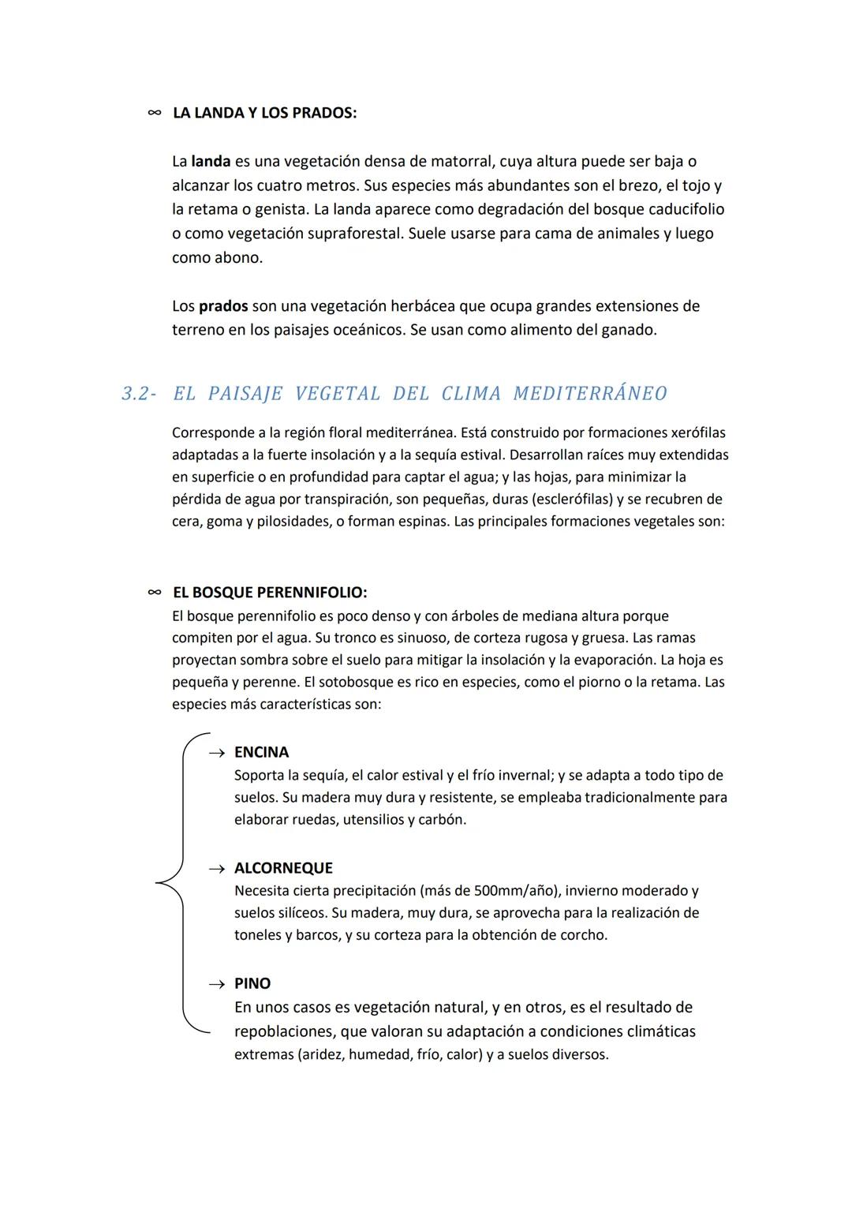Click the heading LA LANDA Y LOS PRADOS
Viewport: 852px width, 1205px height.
264,113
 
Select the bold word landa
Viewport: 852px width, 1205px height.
211,162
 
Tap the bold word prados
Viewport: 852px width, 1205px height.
223,306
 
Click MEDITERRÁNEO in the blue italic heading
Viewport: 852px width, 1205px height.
589,394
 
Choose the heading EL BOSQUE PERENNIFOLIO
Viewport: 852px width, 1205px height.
269,593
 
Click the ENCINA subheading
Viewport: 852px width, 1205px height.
261,753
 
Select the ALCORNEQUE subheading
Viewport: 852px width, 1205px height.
283,868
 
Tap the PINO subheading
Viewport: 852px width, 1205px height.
252,984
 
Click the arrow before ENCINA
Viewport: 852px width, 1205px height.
216,754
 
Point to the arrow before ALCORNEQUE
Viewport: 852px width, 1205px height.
216,869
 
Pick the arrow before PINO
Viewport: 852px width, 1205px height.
216,985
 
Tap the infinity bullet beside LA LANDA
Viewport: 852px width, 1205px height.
154,113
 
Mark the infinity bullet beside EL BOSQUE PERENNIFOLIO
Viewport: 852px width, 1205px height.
154,593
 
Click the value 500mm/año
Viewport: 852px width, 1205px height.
516,891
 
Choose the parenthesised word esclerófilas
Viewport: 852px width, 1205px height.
563,500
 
